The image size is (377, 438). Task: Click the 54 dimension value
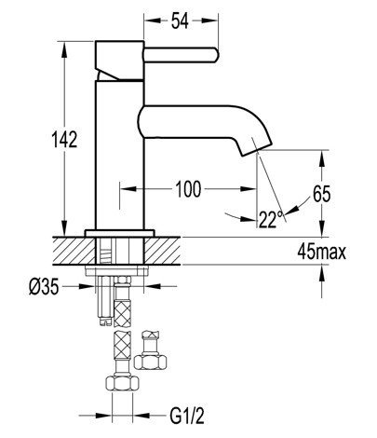pyautogui.click(x=180, y=21)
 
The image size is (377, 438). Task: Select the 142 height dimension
pyautogui.click(x=64, y=139)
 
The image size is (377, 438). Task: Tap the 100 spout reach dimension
pyautogui.click(x=188, y=189)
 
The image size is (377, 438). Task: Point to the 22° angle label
pyautogui.click(x=271, y=219)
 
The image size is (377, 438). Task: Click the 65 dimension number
pyautogui.click(x=322, y=195)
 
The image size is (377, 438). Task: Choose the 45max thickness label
pyautogui.click(x=321, y=252)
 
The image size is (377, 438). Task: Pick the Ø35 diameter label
pyautogui.click(x=44, y=286)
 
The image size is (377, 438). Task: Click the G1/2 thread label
pyautogui.click(x=187, y=416)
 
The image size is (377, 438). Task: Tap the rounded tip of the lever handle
pyautogui.click(x=216, y=55)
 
